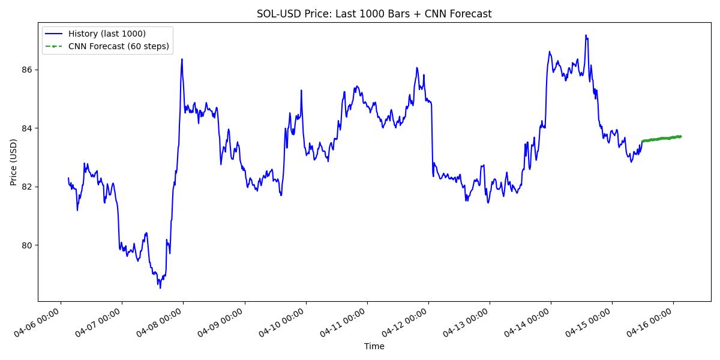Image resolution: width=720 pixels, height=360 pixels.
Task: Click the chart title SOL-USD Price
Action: point(374,14)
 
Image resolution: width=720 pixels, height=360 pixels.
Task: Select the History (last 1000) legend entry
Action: point(107,34)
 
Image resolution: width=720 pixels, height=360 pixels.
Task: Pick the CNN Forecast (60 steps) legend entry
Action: point(118,46)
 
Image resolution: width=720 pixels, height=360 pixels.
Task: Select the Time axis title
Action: point(374,346)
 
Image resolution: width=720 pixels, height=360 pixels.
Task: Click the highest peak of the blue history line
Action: point(586,35)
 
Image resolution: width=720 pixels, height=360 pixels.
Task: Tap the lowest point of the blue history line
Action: point(160,288)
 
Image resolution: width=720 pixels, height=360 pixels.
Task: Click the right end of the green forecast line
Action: point(680,136)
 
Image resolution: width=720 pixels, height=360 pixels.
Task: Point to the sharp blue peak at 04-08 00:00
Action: point(182,59)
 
